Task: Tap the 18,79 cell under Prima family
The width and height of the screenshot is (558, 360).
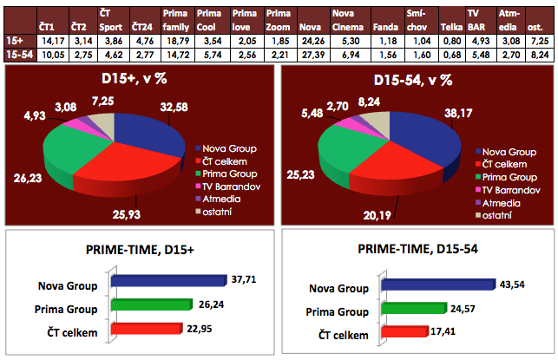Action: pos(177,41)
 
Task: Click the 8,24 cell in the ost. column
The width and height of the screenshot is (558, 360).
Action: pos(539,54)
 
